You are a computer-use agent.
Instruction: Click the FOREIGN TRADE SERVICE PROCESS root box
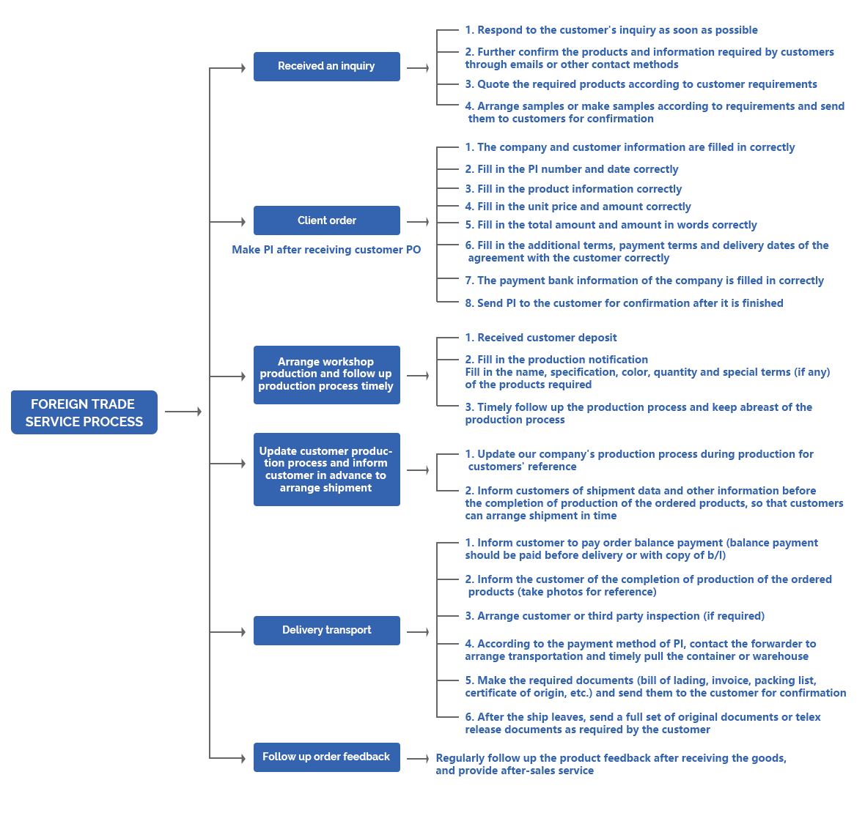[x=84, y=412]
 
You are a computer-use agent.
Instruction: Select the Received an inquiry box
[x=326, y=67]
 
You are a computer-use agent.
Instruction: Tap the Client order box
[x=326, y=220]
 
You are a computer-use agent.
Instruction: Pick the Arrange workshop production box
[x=326, y=374]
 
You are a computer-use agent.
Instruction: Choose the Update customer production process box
[x=326, y=470]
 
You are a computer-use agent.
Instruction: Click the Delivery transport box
[x=326, y=630]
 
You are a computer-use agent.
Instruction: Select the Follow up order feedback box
[x=326, y=757]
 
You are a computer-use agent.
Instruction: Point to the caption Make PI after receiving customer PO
[x=326, y=250]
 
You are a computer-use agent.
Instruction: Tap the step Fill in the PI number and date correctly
[x=572, y=169]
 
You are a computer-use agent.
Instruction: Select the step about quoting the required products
[x=641, y=84]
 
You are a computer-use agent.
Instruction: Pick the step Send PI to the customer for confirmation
[x=624, y=303]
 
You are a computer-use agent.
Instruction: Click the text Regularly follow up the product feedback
[x=610, y=764]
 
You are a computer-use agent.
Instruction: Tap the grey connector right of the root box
[x=183, y=412]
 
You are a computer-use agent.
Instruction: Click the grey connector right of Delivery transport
[x=418, y=631]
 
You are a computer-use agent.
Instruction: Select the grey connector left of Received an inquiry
[x=227, y=68]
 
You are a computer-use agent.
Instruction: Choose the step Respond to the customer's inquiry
[x=611, y=30]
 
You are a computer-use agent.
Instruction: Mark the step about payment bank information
[x=644, y=281]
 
